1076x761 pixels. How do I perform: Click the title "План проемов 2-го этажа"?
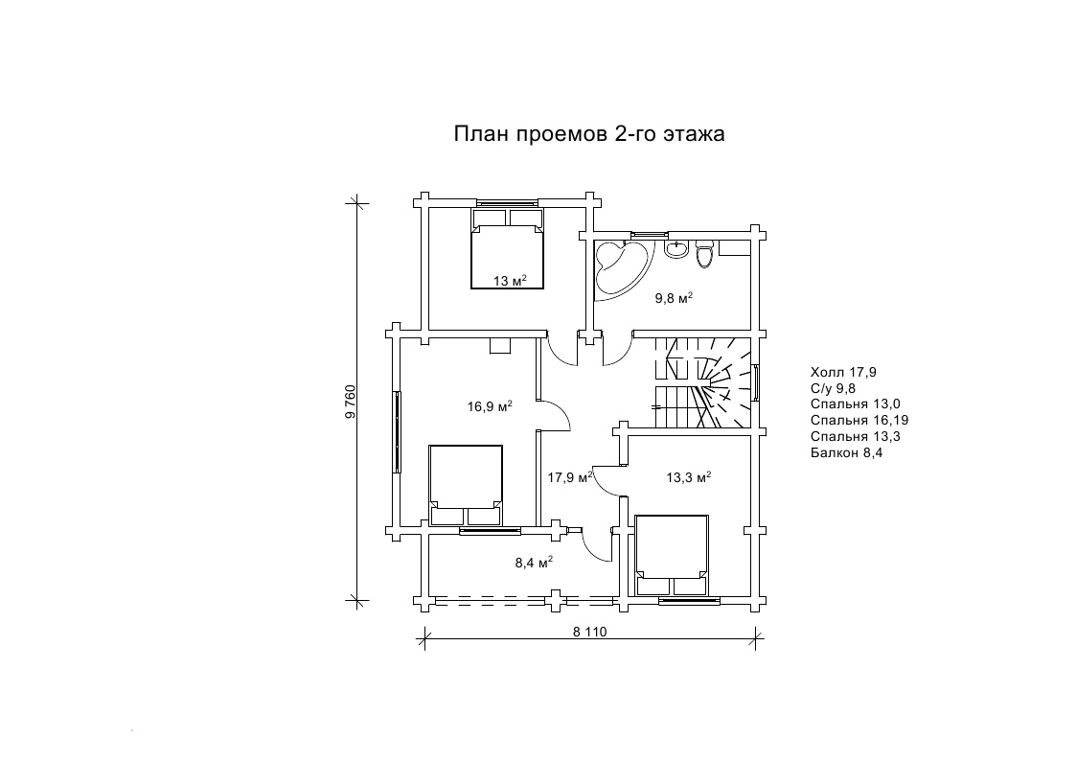588,133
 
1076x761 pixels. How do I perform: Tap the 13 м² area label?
509,280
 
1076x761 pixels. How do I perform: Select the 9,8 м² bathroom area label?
674,297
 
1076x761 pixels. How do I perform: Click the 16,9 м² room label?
490,405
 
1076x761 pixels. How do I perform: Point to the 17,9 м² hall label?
569,476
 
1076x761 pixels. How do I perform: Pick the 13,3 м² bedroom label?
688,476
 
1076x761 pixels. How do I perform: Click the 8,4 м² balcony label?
534,562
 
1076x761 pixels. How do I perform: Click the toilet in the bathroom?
705,253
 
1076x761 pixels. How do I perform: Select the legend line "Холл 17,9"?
843,373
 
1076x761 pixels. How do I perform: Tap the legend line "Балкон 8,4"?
846,452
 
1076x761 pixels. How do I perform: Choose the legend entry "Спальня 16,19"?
859,420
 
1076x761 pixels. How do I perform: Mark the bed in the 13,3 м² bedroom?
672,555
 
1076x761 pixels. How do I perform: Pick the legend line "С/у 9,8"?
833,388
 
